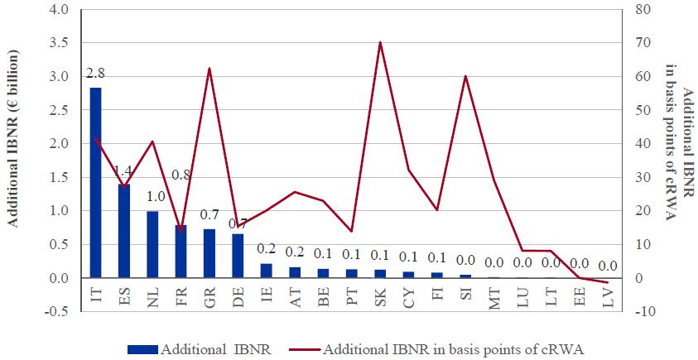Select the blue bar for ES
pos(124,231)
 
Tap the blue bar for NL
pos(152,244)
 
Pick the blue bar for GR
pos(209,253)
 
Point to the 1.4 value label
pos(124,172)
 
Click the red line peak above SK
pos(380,42)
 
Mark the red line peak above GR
pos(209,69)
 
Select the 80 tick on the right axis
pos(642,9)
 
